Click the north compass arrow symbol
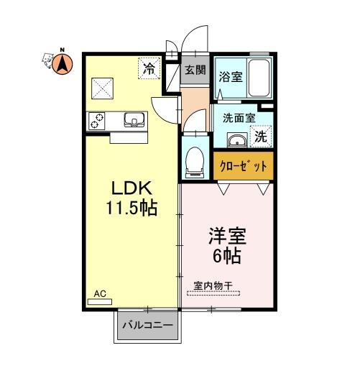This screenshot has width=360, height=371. (x=63, y=64)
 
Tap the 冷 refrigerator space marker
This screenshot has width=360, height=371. (x=149, y=68)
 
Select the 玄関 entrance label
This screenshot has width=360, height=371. (x=195, y=70)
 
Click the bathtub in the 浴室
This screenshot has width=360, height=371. (x=259, y=78)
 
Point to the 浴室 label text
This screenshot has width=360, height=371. (x=231, y=77)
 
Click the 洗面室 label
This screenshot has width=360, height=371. (x=239, y=118)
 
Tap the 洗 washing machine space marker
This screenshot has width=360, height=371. (x=261, y=137)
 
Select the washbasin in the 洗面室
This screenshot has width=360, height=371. (x=237, y=139)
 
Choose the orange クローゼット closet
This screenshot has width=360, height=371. (x=244, y=166)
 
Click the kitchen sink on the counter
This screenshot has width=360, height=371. (x=134, y=119)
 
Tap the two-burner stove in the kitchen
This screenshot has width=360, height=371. (x=97, y=121)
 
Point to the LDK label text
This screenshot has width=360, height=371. (x=132, y=188)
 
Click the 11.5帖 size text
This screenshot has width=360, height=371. (x=131, y=208)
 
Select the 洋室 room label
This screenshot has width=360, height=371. (x=227, y=236)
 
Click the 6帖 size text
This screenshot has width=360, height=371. (x=227, y=256)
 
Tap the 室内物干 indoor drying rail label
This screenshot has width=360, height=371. (x=213, y=285)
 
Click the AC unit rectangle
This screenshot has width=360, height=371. (x=100, y=302)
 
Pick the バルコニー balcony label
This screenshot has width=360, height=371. (x=147, y=325)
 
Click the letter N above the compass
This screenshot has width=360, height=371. (x=63, y=50)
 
